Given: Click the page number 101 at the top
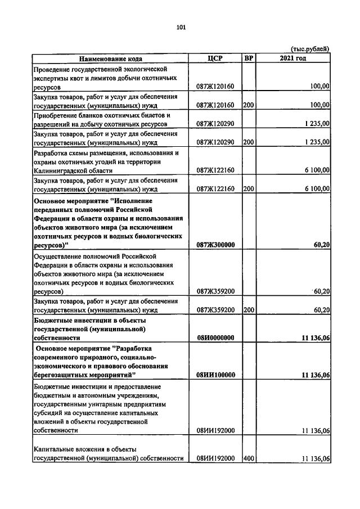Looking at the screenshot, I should pyautogui.click(x=181, y=27).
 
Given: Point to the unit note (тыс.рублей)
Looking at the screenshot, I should pyautogui.click(x=309, y=49).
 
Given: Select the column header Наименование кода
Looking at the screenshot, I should pyautogui.click(x=110, y=58).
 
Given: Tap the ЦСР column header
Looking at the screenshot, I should pyautogui.click(x=215, y=58).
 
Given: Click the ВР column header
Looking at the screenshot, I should pyautogui.click(x=249, y=58).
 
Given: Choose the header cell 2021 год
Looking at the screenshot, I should pyautogui.click(x=292, y=58).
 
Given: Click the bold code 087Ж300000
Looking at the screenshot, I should pyautogui.click(x=215, y=245).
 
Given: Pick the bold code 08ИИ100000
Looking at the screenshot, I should pyautogui.click(x=215, y=374).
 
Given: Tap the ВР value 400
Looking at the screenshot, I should pyautogui.click(x=249, y=458).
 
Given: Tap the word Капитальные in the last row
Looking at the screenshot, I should pyautogui.click(x=55, y=449).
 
